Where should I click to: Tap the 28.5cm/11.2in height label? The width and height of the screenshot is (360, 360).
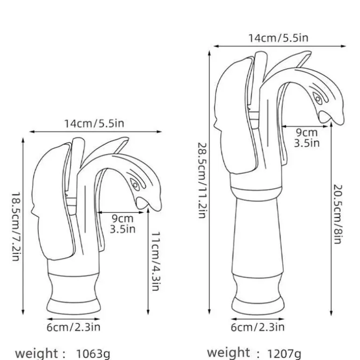pos(202,180)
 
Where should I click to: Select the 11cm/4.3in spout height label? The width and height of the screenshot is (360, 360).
pos(156,261)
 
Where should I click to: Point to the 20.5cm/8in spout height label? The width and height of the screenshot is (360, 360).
pos(338,214)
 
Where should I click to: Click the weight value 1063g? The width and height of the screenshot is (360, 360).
pos(93,354)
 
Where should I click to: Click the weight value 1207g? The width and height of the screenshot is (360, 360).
pos(284,353)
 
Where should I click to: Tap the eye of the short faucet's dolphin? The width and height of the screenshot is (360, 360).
pos(135,185)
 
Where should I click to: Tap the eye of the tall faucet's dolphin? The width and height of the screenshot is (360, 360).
pos(318,99)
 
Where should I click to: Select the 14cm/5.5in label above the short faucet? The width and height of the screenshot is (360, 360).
pos(94,123)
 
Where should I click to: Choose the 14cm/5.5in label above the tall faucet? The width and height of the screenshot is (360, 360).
pos(278,38)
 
